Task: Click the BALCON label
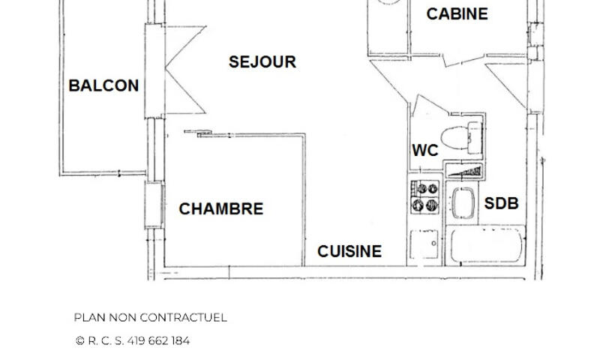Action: (103, 85)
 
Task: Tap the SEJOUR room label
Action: (262, 62)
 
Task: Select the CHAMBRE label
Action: (221, 209)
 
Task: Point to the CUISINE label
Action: (349, 251)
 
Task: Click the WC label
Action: (425, 150)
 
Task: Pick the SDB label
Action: (501, 203)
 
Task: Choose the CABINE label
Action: (457, 14)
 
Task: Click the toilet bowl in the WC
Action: (461, 138)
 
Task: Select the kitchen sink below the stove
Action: (424, 244)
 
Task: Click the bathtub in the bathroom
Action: (486, 244)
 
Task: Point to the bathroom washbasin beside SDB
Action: (463, 202)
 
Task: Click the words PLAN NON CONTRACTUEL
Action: (151, 317)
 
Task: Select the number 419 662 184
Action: (158, 340)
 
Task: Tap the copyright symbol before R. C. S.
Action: (80, 340)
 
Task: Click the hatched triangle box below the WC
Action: (464, 171)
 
